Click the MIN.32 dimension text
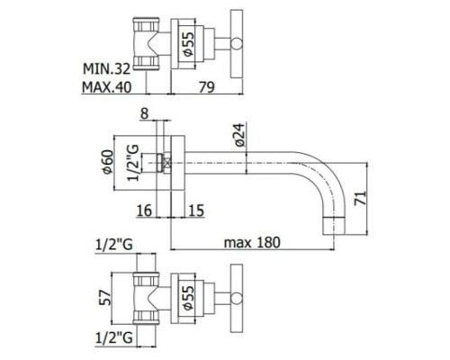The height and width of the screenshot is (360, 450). click(x=106, y=69)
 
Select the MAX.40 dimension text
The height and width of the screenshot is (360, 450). click(x=107, y=87)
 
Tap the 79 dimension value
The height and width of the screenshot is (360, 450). click(x=207, y=87)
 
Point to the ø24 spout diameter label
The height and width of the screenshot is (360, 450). click(x=240, y=135)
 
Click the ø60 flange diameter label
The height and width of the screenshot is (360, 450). click(x=108, y=162)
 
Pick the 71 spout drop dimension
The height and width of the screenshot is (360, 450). click(x=360, y=198)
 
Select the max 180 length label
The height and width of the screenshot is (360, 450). click(x=252, y=242)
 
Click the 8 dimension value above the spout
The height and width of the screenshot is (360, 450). click(x=145, y=114)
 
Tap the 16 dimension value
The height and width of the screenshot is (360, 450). click(x=144, y=211)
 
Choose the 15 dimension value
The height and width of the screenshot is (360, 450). click(x=196, y=211)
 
